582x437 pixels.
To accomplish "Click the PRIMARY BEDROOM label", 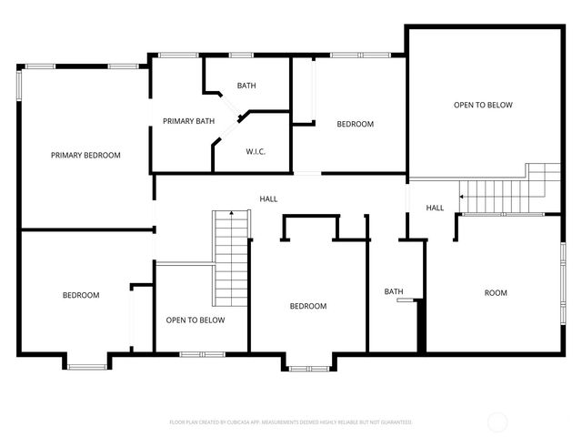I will pyautogui.click(x=85, y=156).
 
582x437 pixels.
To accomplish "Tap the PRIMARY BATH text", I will pyautogui.click(x=188, y=121).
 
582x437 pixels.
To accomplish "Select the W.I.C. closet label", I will pyautogui.click(x=255, y=151).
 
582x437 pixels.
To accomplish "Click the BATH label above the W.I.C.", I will pyautogui.click(x=246, y=86).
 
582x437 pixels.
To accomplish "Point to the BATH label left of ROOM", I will pyautogui.click(x=393, y=292).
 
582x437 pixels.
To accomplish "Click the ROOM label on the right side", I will pyautogui.click(x=496, y=293).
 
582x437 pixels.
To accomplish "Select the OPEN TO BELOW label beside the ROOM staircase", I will pyautogui.click(x=483, y=106).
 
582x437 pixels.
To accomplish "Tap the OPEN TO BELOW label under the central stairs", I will pyautogui.click(x=195, y=320).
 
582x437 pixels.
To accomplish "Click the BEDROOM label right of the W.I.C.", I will pyautogui.click(x=355, y=125).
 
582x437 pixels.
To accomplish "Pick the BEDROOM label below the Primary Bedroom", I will pyautogui.click(x=81, y=295).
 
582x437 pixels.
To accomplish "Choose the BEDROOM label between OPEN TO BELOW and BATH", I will pyautogui.click(x=307, y=307).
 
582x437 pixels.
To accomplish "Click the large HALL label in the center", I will pyautogui.click(x=268, y=199).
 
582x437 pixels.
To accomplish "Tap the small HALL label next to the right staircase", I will pyautogui.click(x=435, y=208).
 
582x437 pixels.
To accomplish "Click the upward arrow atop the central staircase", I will pyautogui.click(x=232, y=213).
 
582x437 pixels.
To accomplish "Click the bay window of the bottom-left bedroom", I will pyautogui.click(x=87, y=366).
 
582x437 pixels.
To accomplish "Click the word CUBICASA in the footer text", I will pyautogui.click(x=238, y=422).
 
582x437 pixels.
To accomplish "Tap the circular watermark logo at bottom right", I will pyautogui.click(x=497, y=422).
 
